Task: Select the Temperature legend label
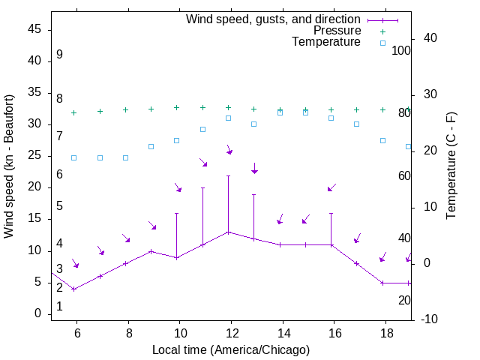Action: point(326,42)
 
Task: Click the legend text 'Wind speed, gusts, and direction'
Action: point(273,19)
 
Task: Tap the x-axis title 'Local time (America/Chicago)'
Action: point(230,349)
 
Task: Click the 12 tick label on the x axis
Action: point(231,331)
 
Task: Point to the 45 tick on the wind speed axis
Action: point(34,30)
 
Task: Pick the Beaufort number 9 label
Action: point(59,55)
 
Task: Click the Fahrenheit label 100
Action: point(402,51)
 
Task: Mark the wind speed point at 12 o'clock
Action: point(228,232)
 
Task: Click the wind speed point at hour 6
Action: point(73,289)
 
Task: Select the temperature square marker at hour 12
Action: point(229,118)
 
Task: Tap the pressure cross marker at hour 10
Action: point(177,107)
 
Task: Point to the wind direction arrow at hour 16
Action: point(331,187)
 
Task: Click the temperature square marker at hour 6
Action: point(73,157)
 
